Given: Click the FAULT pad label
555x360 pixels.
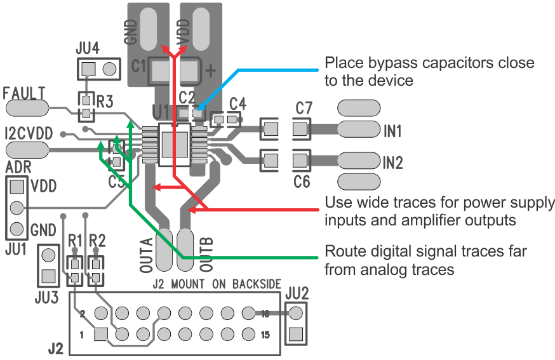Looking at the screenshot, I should click(24, 93).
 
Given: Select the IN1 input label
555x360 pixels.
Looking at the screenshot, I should click(393, 131).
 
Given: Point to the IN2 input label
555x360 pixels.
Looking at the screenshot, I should click(393, 163).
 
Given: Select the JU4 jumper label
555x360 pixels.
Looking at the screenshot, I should click(87, 48).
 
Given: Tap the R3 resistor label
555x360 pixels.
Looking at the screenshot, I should click(105, 102).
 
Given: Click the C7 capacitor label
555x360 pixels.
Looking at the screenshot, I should click(304, 108).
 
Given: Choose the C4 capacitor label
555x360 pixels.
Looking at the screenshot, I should click(237, 103).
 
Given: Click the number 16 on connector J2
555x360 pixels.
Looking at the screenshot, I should click(265, 313).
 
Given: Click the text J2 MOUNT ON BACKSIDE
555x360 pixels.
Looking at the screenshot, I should click(217, 284).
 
